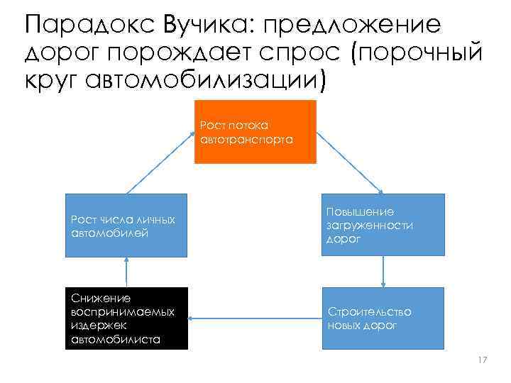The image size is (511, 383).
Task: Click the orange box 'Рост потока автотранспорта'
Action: click(255, 132)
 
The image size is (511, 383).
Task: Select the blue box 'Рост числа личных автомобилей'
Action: click(126, 225)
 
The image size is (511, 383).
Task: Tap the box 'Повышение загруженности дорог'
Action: click(383, 225)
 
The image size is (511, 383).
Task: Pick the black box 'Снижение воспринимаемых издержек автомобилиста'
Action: click(126, 318)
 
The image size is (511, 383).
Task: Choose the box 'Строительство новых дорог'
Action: click(383, 318)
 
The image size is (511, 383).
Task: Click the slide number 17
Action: click(483, 361)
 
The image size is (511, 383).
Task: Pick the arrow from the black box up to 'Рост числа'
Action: click(126, 271)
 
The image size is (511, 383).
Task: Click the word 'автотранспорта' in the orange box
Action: click(247, 140)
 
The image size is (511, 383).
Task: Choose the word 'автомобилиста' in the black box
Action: click(116, 340)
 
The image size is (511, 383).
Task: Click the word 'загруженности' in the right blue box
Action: click(370, 226)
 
